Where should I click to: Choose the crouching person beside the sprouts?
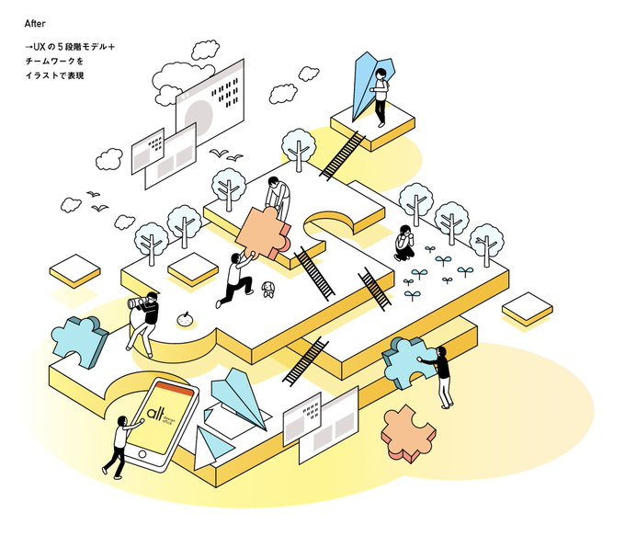pos(404,243)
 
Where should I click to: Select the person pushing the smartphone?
pos(118,446)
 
